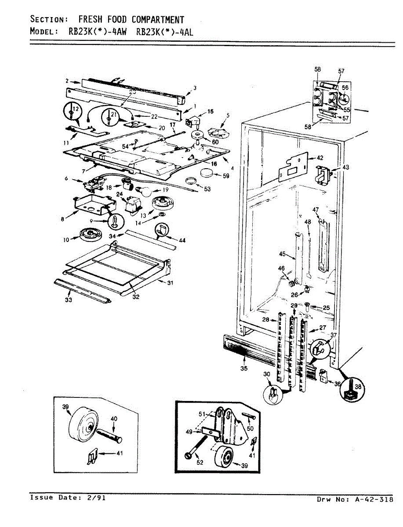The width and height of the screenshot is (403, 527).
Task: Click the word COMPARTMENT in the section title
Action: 154,20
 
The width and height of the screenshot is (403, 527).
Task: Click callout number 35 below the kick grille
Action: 244,368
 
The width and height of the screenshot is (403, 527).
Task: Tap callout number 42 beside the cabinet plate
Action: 319,157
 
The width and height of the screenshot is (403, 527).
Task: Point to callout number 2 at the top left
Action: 67,81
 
